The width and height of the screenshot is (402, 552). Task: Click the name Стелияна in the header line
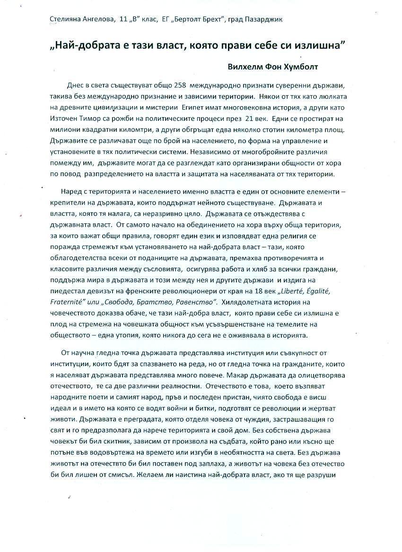65,19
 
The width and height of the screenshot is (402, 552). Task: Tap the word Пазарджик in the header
266,19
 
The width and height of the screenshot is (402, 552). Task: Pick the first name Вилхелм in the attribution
247,67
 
